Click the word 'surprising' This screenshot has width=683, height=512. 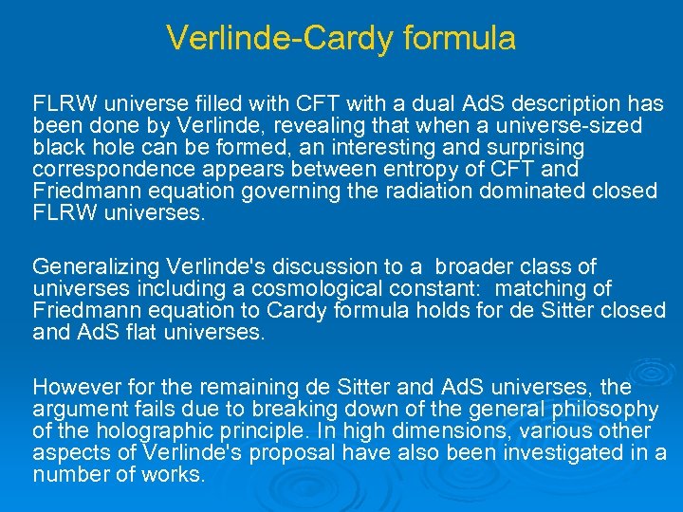click(531, 148)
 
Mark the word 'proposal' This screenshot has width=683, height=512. click(268, 453)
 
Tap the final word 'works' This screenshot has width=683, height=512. click(174, 475)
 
